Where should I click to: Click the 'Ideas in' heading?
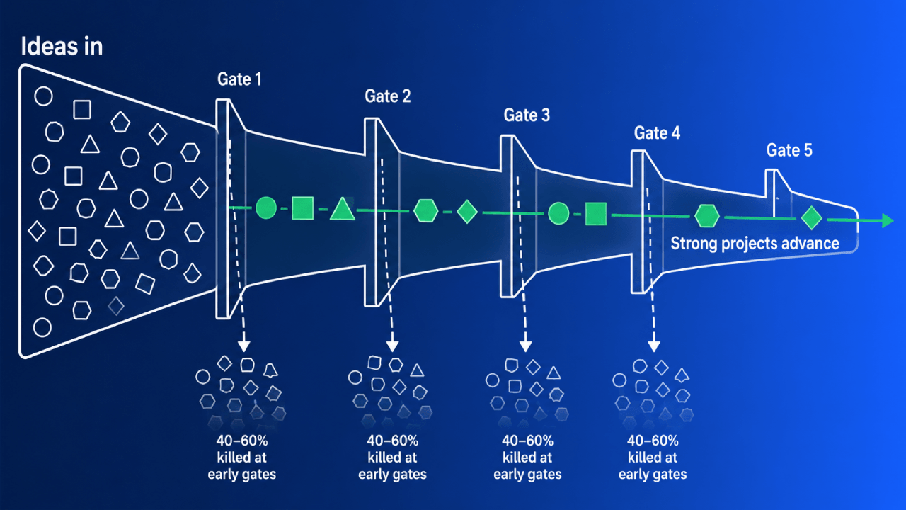coord(62,46)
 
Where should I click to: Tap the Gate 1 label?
coord(239,79)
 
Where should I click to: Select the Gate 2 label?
coord(387,96)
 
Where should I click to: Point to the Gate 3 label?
coord(527,115)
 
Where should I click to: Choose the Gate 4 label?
coord(657,133)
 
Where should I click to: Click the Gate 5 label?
coord(789,151)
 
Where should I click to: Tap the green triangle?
coord(342,209)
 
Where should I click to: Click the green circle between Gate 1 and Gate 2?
coord(266,208)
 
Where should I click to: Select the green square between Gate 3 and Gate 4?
coord(596,214)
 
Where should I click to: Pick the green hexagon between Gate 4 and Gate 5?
coord(706,216)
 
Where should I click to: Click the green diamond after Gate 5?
coord(811,217)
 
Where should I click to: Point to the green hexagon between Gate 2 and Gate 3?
coord(425,211)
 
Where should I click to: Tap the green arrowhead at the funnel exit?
coord(888,220)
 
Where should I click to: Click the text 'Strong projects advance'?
coord(755,244)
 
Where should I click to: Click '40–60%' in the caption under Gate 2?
coord(392,441)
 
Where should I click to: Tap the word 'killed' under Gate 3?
coord(515,458)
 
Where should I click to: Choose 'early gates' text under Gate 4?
coord(653,475)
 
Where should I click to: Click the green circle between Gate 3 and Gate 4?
coord(558,213)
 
